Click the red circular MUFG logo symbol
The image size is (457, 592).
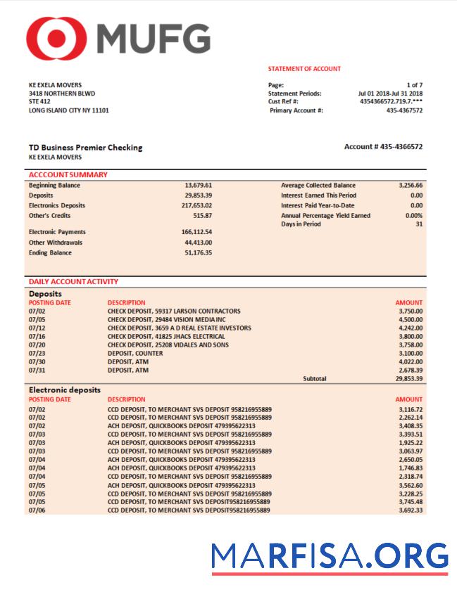[x=56, y=37]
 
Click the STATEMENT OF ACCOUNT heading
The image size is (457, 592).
[x=304, y=69]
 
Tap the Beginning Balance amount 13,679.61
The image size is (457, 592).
[x=198, y=186]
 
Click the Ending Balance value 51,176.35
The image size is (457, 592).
[x=198, y=252]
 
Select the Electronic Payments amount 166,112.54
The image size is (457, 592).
[x=196, y=232]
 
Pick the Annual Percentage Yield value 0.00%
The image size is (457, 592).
[x=414, y=216]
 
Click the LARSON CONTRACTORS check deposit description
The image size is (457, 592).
[x=174, y=311]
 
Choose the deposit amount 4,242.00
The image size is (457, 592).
[x=410, y=328]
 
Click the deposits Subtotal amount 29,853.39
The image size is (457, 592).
[x=408, y=378]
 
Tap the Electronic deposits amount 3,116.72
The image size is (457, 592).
[x=410, y=409]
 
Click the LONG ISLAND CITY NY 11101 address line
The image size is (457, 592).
[x=68, y=110]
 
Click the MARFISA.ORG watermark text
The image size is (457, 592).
[x=330, y=556]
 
